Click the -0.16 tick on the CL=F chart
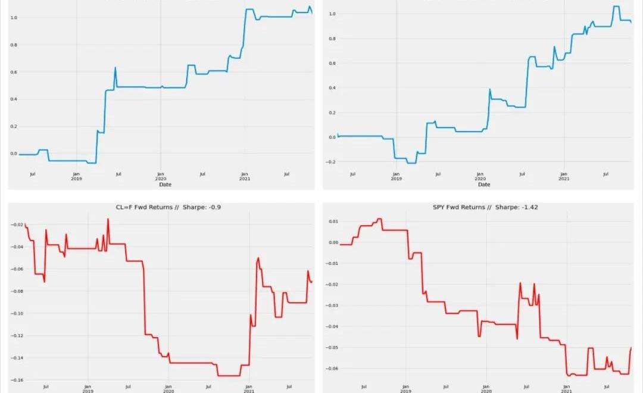(17, 380)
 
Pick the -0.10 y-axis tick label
(17, 313)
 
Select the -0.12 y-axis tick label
(17, 336)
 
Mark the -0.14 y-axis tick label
(17, 358)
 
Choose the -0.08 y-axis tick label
(17, 291)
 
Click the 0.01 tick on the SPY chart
(333, 222)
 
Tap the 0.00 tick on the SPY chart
(333, 242)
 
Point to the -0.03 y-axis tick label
(332, 305)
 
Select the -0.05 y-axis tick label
(332, 347)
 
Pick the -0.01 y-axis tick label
(332, 263)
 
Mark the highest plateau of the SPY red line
(379, 219)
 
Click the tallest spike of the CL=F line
(108, 219)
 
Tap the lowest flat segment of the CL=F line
(229, 376)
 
